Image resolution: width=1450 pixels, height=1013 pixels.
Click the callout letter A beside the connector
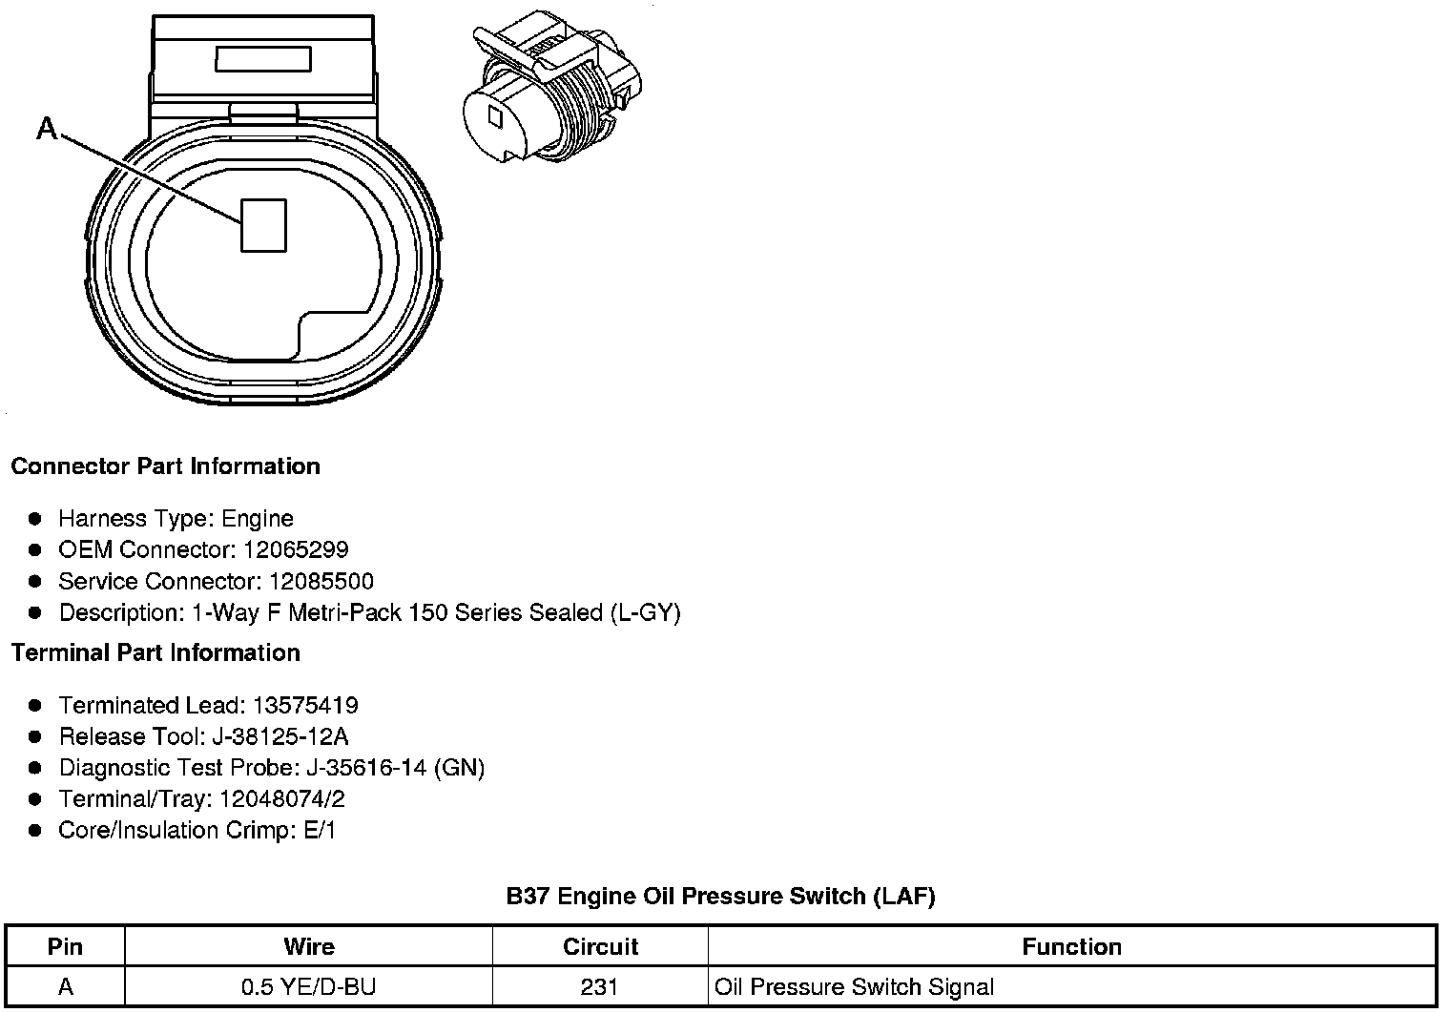47,127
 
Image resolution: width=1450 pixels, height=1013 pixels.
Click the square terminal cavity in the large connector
263,225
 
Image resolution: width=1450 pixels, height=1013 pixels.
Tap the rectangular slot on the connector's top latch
262,60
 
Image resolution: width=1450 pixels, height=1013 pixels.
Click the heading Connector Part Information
165,466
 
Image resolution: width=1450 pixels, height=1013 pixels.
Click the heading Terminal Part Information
155,653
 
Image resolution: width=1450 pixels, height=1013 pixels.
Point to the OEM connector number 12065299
296,550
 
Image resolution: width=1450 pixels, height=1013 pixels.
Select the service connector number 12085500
321,582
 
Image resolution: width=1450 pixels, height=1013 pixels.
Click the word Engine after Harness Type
258,519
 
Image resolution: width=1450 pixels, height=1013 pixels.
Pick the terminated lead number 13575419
305,706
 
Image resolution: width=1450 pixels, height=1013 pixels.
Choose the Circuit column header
600,947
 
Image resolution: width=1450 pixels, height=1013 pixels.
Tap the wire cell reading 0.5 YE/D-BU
308,987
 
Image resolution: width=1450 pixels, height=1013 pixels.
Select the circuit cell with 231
599,987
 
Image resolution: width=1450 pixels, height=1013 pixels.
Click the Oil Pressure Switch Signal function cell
854,987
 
